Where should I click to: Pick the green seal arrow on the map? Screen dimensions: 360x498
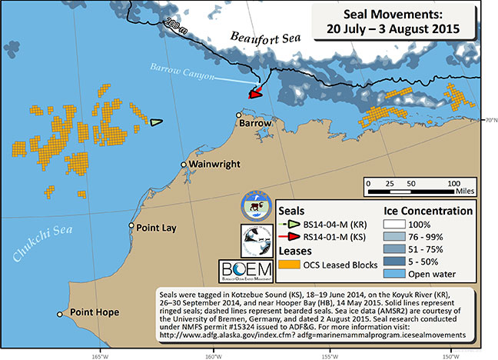click(156, 122)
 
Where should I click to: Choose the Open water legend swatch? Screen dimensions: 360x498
click(393, 273)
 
